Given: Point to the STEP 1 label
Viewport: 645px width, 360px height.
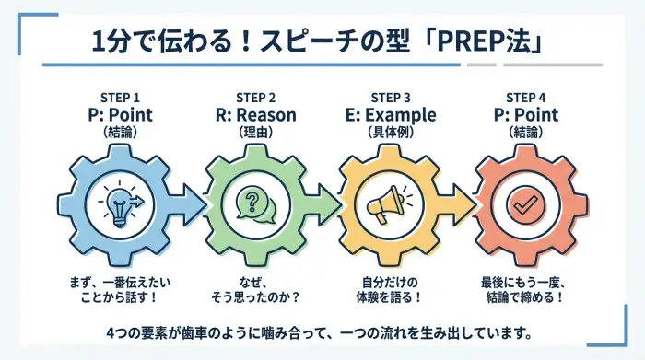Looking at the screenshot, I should pyautogui.click(x=120, y=98).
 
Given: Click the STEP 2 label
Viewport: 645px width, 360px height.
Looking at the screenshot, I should pyautogui.click(x=255, y=98).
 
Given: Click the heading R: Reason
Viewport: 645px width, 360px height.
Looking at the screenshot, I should pyautogui.click(x=255, y=115).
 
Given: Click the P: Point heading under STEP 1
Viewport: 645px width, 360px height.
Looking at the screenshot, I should pyautogui.click(x=120, y=115).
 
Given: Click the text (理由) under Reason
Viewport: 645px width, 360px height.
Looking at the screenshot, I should pyautogui.click(x=255, y=133).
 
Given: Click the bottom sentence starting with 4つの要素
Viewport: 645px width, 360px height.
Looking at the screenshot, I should pyautogui.click(x=322, y=331).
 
